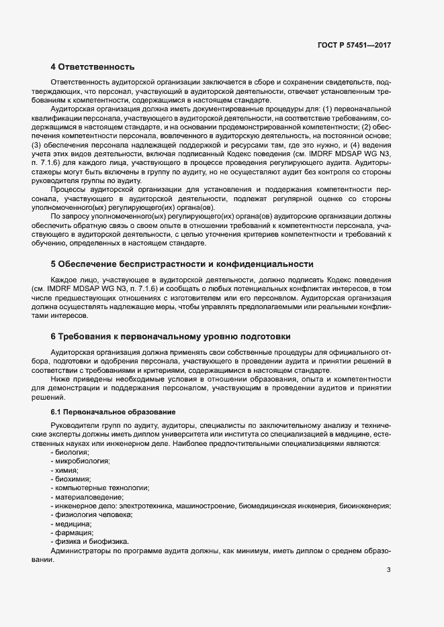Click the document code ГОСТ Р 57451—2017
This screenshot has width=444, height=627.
click(354, 45)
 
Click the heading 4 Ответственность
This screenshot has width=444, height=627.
click(93, 66)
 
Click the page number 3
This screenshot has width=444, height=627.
click(388, 570)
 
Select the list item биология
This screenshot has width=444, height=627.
click(71, 453)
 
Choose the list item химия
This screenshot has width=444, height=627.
click(66, 471)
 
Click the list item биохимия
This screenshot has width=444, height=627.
click(71, 479)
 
